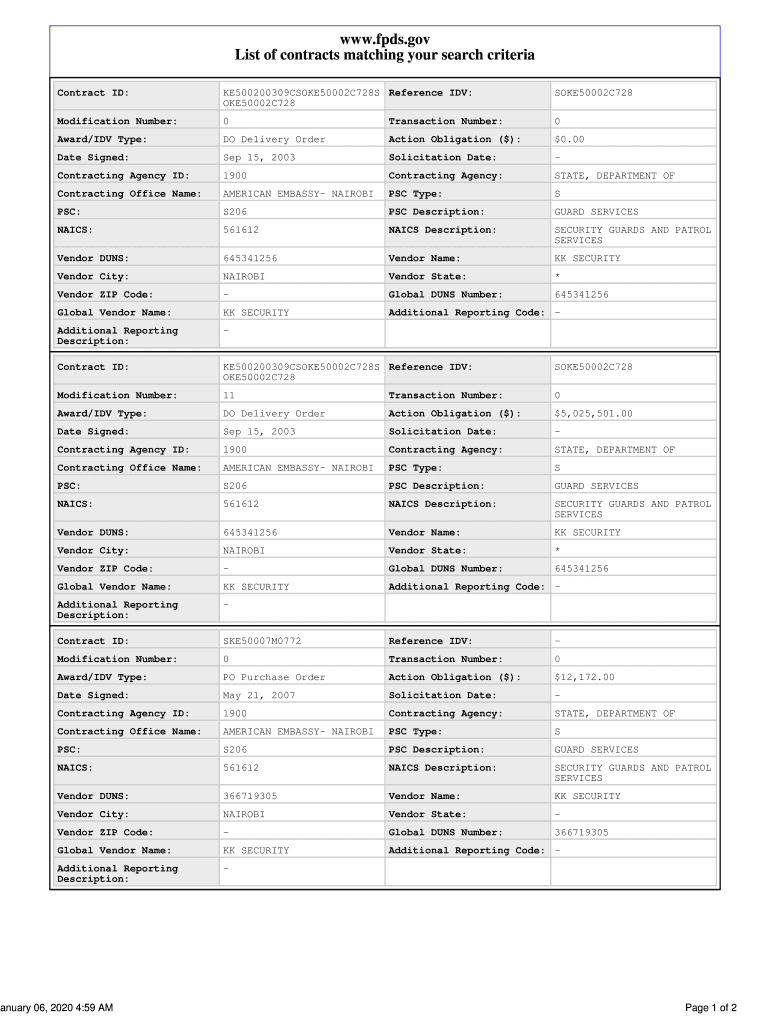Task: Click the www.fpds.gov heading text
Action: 385,39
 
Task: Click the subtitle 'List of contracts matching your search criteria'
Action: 385,56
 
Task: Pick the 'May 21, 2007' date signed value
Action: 259,696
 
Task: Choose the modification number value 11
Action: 229,396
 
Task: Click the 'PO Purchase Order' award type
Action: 274,678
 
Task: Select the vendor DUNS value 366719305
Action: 250,797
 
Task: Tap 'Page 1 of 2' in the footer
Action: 711,1007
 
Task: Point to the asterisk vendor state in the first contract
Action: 557,277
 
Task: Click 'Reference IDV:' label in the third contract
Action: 430,642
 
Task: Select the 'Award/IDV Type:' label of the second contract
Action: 102,414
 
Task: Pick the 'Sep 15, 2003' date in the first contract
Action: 259,158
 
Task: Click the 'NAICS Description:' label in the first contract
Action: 442,231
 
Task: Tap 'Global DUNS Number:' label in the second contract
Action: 445,569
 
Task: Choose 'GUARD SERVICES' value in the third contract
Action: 596,750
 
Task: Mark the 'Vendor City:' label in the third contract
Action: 92,815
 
